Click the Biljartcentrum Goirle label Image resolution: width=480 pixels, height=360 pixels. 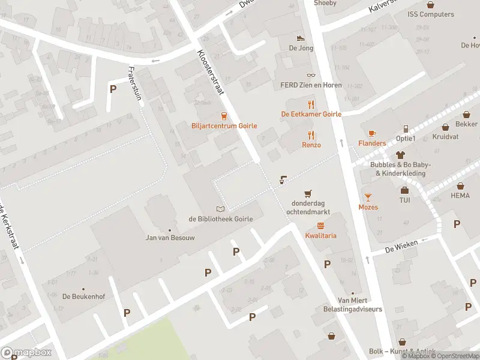click(224, 126)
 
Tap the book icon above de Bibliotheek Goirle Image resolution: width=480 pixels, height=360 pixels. click(221, 209)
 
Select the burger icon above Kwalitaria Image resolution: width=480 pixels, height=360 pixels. click(320, 226)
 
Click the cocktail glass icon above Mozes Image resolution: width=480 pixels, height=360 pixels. click(368, 197)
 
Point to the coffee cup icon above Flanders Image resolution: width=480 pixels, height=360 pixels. click(372, 133)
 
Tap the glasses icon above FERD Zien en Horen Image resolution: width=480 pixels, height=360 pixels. click(311, 75)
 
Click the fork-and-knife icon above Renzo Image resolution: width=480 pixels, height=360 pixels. click(311, 135)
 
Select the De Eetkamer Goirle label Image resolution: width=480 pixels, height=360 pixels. click(311, 114)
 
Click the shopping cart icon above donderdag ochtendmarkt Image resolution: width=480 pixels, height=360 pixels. click(308, 193)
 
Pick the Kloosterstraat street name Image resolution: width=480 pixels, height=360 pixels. click(210, 72)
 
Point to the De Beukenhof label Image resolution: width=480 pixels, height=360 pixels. click(80, 296)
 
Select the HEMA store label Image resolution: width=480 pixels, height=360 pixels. click(460, 196)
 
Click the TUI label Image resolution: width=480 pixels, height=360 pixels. click(405, 200)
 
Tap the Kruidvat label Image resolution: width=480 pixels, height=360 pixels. click(445, 136)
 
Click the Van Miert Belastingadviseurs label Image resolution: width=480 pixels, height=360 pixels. click(360, 305)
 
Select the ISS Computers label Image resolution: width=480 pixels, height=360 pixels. click(430, 14)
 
